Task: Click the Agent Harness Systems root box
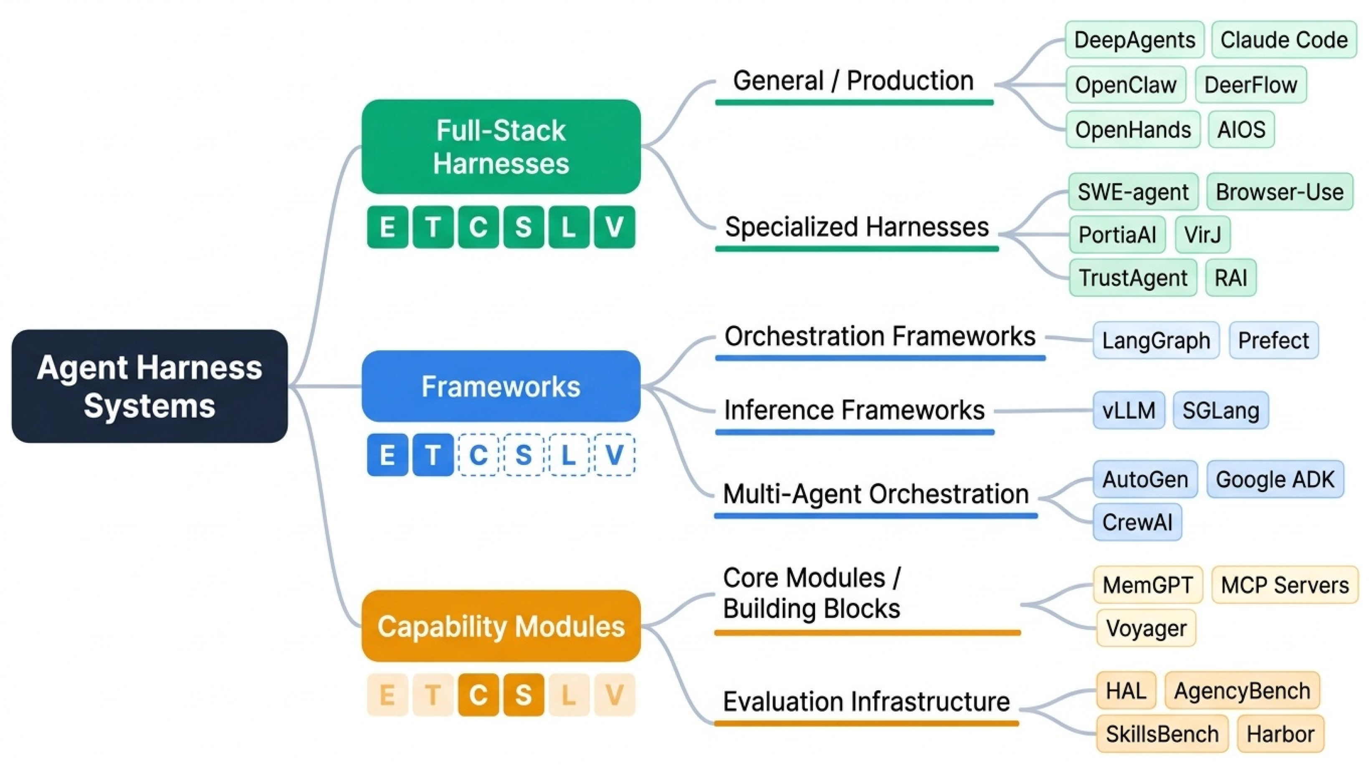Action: click(x=149, y=386)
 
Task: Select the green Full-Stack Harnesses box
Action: click(x=501, y=147)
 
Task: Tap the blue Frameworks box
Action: click(x=501, y=386)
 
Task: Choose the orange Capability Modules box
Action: click(x=501, y=626)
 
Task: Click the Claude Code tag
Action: click(x=1283, y=40)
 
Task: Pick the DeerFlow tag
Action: click(x=1250, y=84)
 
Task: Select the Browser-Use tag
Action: click(x=1279, y=192)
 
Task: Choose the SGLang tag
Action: click(x=1221, y=410)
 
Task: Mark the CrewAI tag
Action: click(x=1137, y=522)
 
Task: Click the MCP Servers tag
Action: click(x=1285, y=585)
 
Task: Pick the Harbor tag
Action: click(x=1280, y=734)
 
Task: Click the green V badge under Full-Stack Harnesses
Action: click(x=614, y=227)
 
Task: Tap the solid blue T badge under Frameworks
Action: click(x=433, y=455)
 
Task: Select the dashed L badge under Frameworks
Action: click(x=569, y=455)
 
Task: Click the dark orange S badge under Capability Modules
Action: click(x=524, y=695)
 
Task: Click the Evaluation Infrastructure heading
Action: click(x=866, y=702)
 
